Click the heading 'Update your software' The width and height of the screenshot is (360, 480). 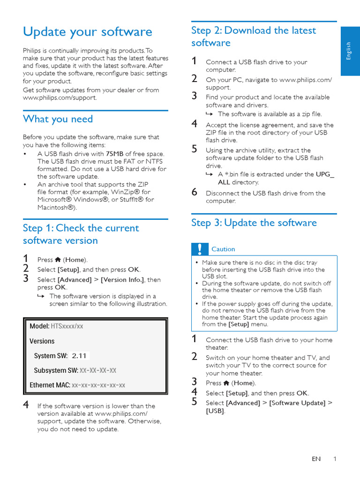point(88,32)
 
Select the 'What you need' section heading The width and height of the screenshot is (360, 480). point(58,119)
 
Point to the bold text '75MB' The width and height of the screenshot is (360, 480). point(115,154)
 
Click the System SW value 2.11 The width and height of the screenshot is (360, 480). point(79,356)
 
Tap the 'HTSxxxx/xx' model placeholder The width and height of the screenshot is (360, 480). point(67,326)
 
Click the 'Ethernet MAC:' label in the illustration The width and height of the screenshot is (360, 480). point(50,385)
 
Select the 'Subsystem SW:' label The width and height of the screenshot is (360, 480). point(56,370)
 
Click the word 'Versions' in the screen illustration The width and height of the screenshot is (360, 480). point(42,341)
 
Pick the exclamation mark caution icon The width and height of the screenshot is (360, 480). point(200,249)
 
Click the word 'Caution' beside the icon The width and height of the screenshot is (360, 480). point(223,249)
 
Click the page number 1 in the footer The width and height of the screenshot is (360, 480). point(335,459)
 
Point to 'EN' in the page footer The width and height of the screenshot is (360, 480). point(316,459)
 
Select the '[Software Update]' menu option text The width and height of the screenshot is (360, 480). point(297,403)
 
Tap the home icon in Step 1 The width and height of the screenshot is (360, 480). point(58,260)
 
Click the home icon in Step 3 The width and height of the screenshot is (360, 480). point(226,383)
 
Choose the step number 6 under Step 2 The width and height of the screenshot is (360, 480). point(195,192)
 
